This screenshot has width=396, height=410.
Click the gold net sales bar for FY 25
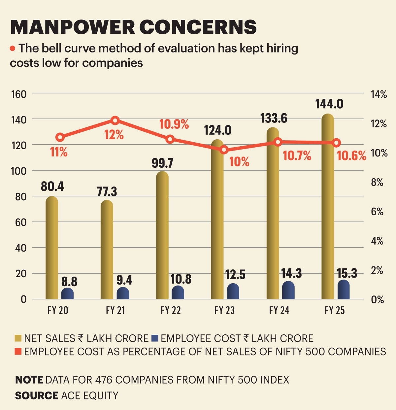pyautogui.click(x=327, y=208)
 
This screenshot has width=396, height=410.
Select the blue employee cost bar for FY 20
pyautogui.click(x=67, y=293)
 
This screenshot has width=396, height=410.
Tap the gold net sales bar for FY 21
pyautogui.click(x=107, y=251)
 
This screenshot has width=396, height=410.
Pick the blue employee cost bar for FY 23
pyautogui.click(x=233, y=291)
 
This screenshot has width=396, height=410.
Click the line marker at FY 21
pyautogui.click(x=115, y=120)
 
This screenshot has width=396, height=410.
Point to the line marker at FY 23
pyautogui.click(x=224, y=150)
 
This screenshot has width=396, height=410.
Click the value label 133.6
pyautogui.click(x=274, y=118)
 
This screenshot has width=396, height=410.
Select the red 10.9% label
pyautogui.click(x=174, y=124)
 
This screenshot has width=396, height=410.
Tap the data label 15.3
pyautogui.click(x=347, y=273)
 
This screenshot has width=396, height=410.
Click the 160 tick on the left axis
pyautogui.click(x=18, y=94)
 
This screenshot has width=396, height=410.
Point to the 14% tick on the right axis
pyautogui.click(x=379, y=94)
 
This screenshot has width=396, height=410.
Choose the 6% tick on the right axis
pyautogui.click(x=377, y=212)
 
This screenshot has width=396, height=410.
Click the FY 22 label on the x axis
pyautogui.click(x=171, y=310)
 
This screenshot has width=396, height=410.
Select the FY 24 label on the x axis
pyautogui.click(x=279, y=310)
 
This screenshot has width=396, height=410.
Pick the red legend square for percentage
pyautogui.click(x=18, y=352)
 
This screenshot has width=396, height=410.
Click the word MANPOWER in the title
pyautogui.click(x=73, y=27)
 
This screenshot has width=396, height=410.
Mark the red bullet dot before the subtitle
pyautogui.click(x=13, y=49)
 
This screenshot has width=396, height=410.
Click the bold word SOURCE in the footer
pyautogui.click(x=36, y=395)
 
